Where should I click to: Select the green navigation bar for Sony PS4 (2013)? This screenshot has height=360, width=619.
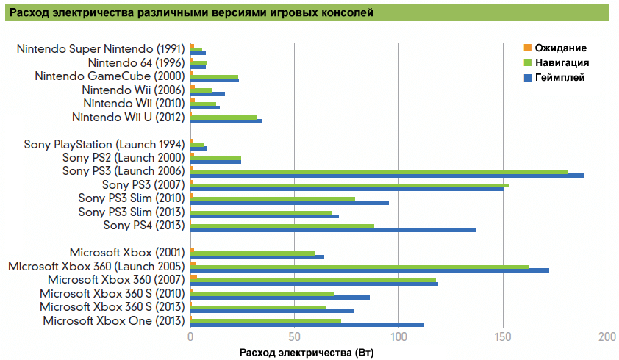(x=282, y=226)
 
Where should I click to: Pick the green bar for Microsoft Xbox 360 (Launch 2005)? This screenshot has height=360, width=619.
(x=359, y=267)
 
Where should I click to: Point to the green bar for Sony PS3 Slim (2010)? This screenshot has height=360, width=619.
(x=273, y=198)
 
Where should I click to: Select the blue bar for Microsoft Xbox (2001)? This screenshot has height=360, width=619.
(x=257, y=256)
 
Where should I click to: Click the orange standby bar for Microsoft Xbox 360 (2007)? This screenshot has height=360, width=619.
(x=194, y=277)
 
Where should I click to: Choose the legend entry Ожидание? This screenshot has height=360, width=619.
(x=559, y=48)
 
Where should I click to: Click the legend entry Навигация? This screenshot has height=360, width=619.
(x=560, y=63)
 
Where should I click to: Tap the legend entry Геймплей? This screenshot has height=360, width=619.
(x=559, y=78)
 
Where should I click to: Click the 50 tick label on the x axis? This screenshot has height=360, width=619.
(x=294, y=337)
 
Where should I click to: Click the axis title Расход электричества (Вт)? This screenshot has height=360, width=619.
(x=307, y=353)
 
